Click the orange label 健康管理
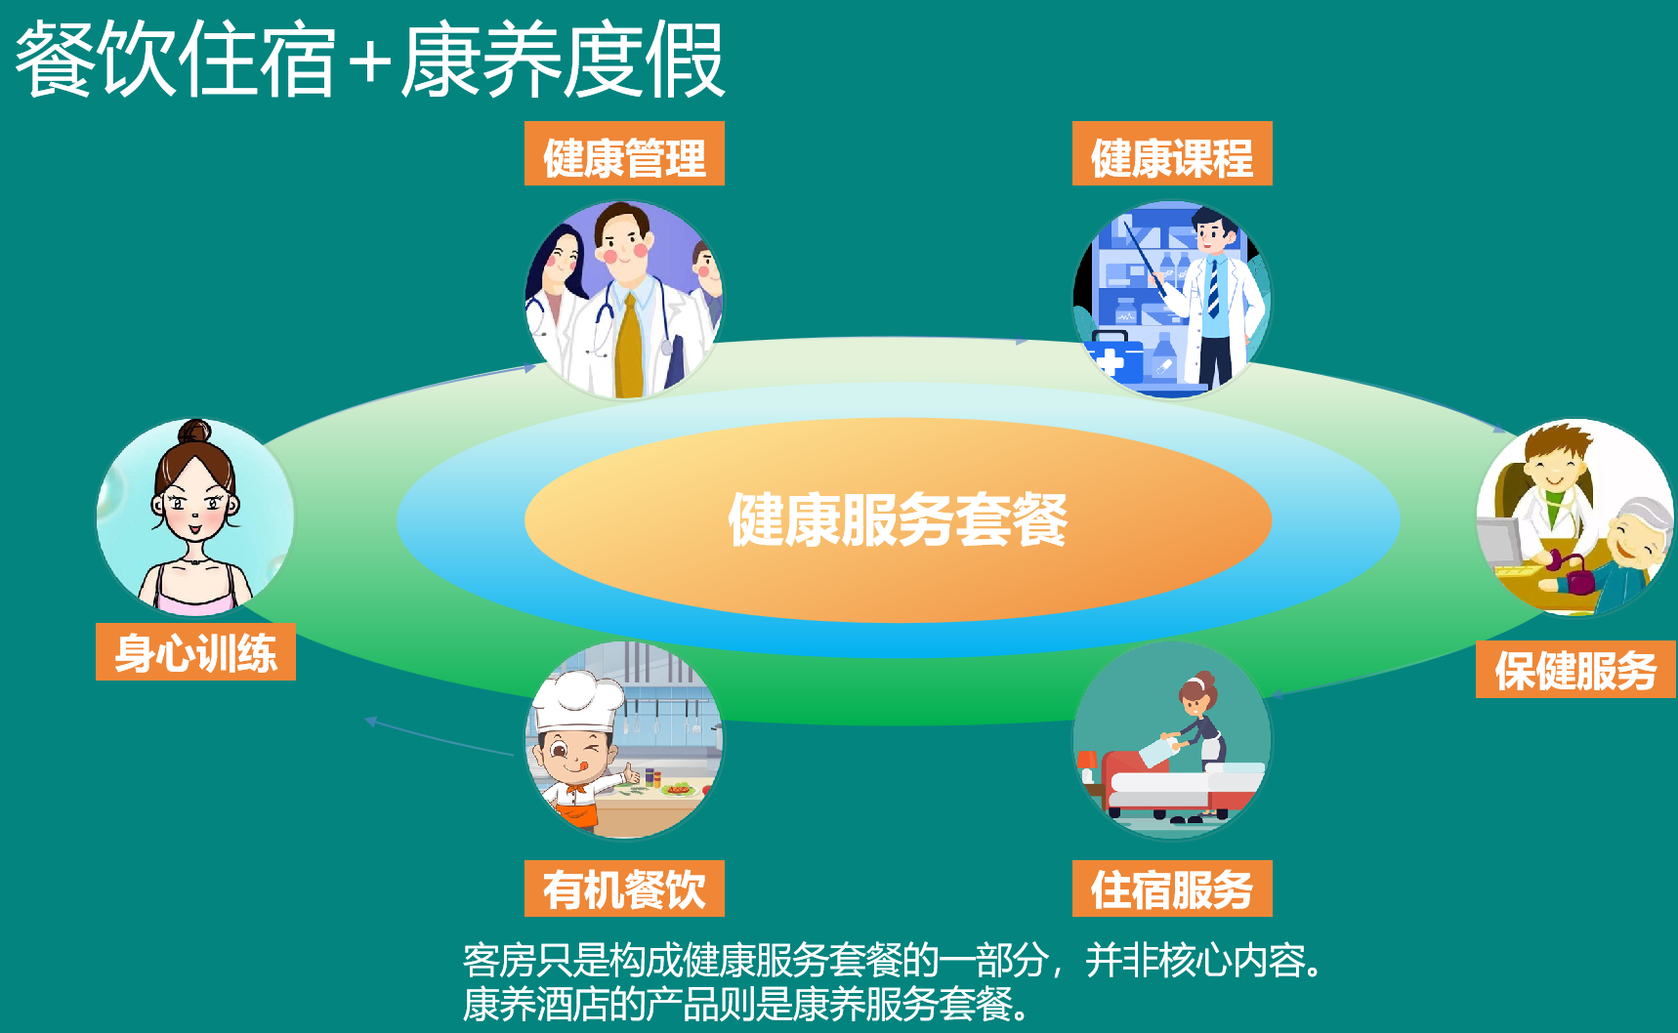(x=624, y=153)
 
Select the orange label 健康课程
(x=1172, y=153)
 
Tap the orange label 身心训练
(x=195, y=651)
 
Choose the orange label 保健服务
(x=1575, y=669)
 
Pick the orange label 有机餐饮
(x=624, y=888)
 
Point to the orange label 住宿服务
(x=1172, y=888)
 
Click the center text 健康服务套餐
(x=898, y=519)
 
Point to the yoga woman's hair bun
(x=194, y=431)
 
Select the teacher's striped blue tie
(x=1213, y=287)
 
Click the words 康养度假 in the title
(x=563, y=61)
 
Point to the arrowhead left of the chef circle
(x=370, y=722)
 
